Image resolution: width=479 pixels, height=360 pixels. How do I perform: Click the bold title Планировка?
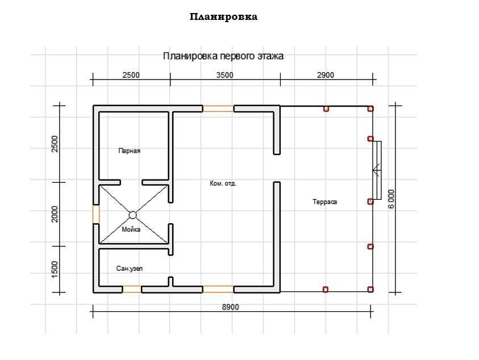pos(223,17)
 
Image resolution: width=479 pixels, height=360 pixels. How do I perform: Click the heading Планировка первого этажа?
pos(223,56)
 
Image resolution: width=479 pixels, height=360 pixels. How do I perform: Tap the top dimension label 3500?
pos(225,75)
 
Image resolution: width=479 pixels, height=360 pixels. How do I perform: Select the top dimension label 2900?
pos(326,75)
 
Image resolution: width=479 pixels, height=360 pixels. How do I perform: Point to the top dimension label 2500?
pos(131,75)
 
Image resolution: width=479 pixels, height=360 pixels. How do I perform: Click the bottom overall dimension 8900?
pos(230,307)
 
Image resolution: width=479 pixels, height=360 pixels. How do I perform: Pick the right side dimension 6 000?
pos(391,199)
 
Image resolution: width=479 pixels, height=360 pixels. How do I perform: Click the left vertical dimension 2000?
pos(55,214)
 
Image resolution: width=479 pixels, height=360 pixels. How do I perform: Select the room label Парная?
pos(129,151)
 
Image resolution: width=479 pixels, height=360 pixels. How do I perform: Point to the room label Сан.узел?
pos(130,268)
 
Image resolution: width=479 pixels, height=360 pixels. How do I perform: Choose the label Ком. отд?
pos(223,183)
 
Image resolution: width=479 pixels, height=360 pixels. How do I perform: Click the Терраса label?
pos(324,202)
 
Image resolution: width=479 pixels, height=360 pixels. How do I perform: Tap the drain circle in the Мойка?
pos(132,215)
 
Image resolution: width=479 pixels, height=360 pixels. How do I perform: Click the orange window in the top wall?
pos(218,108)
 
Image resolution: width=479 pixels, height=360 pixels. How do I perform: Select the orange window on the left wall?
pos(96,214)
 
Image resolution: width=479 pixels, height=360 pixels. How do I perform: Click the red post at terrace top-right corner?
pos(370,108)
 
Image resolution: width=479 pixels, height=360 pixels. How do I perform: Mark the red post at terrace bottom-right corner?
pos(370,290)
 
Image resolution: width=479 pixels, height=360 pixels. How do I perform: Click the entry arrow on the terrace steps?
pos(376,169)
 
